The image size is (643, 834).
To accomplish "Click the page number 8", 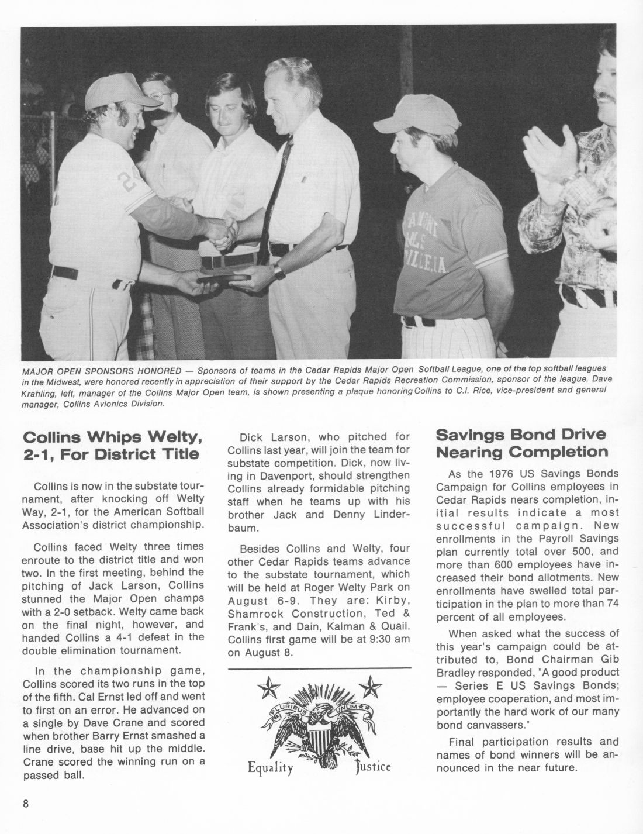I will (x=26, y=803).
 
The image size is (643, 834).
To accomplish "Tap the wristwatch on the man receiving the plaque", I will (x=279, y=271).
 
